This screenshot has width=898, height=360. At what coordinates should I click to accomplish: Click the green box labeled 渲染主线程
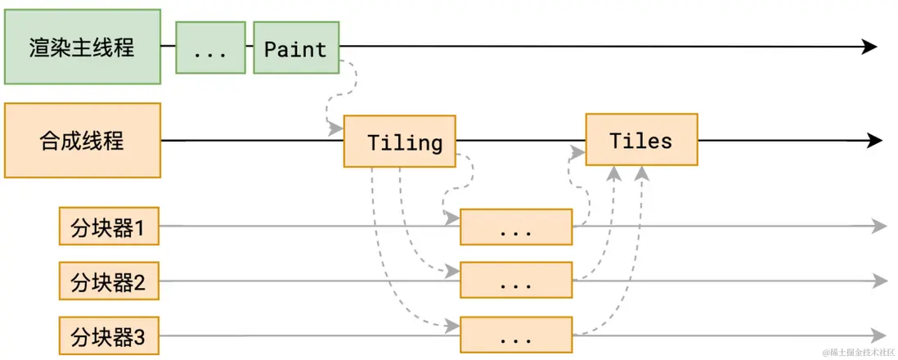tap(82, 47)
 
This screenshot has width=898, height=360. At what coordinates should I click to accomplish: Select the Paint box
tap(296, 48)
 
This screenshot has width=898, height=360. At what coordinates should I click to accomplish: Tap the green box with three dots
tap(210, 48)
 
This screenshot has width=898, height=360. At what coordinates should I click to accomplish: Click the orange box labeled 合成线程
tap(82, 140)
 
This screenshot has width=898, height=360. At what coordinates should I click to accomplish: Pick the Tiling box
tap(399, 142)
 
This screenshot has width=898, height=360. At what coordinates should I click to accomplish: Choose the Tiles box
tap(641, 140)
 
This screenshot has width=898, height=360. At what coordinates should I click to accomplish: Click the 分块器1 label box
tap(109, 227)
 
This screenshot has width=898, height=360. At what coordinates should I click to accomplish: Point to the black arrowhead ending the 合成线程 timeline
tap(874, 141)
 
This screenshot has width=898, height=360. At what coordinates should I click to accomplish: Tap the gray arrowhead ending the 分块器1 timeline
tap(879, 227)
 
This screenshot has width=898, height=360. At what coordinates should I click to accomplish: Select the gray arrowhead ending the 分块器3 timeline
tap(879, 335)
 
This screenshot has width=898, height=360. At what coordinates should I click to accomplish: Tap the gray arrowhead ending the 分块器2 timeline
tap(879, 281)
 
